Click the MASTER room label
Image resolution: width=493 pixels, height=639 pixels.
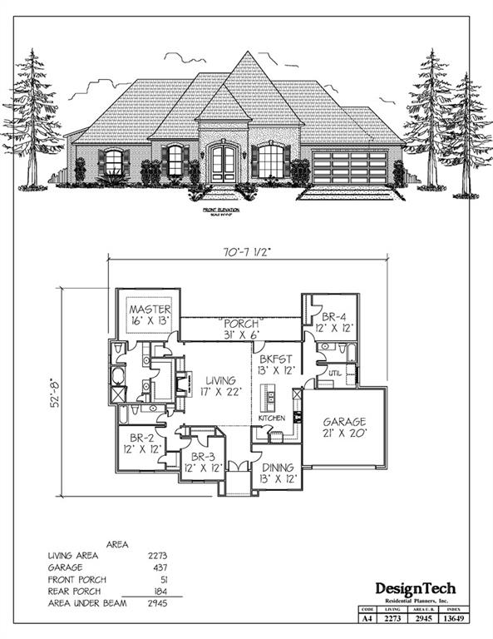point(150,310)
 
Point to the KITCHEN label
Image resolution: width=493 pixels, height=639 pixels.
point(272,417)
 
